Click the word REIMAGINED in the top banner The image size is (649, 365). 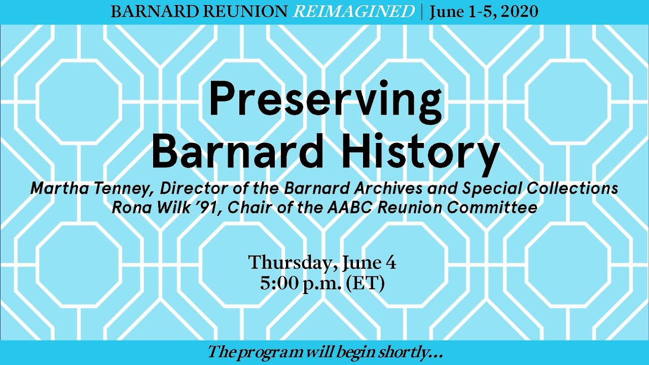pyautogui.click(x=354, y=12)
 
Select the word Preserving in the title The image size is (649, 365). pyautogui.click(x=325, y=100)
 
